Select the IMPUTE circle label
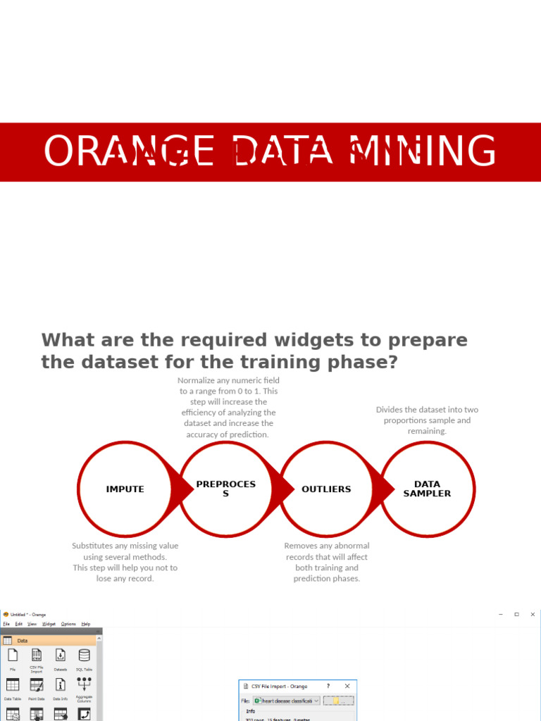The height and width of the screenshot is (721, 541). [125, 489]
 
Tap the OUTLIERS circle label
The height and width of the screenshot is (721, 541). [326, 489]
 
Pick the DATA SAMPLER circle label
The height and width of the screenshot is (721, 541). [427, 489]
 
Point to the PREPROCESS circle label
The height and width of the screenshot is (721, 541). [225, 489]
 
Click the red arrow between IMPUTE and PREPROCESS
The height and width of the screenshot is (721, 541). [185, 489]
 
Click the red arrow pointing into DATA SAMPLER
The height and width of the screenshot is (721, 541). [387, 489]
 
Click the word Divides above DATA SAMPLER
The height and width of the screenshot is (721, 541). [390, 410]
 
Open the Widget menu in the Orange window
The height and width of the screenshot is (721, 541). [49, 624]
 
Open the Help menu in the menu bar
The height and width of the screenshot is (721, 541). [86, 624]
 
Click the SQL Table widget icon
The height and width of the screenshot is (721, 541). [84, 656]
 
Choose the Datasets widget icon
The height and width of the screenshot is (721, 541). [61, 656]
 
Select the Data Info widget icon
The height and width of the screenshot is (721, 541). [61, 685]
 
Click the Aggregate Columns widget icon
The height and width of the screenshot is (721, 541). [84, 684]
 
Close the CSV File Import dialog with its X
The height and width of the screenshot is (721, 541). [347, 686]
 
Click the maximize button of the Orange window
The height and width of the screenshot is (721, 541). [516, 615]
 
